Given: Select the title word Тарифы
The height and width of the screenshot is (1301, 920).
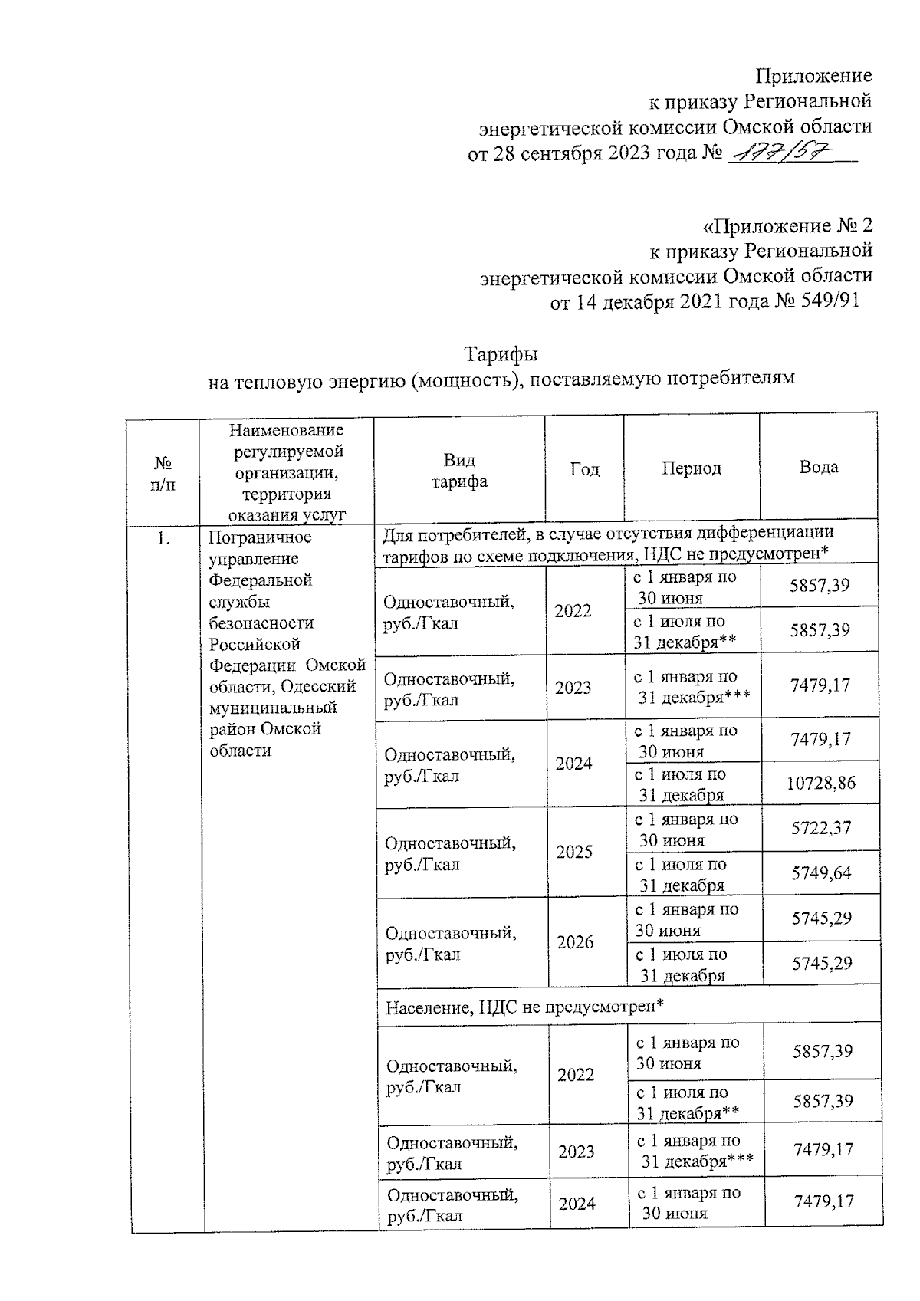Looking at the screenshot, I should [501, 355].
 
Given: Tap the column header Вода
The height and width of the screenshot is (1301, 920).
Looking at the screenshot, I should [818, 467].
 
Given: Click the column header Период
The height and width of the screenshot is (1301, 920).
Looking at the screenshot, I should [692, 468].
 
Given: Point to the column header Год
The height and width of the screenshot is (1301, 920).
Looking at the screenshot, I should [584, 468].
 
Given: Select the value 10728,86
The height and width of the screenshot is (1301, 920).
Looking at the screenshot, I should [820, 784].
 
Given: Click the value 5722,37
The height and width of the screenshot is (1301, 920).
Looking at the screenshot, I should [820, 828].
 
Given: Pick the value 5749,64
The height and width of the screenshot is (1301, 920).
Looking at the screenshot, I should [820, 873].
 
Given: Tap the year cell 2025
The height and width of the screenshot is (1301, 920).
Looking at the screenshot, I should [574, 853].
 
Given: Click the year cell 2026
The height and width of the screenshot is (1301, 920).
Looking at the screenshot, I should [575, 943].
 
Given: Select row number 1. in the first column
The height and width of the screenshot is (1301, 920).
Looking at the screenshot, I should [163, 538].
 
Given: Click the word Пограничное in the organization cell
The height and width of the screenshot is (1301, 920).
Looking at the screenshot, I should [260, 537].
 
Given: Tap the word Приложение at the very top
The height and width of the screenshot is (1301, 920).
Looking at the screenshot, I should [813, 75].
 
